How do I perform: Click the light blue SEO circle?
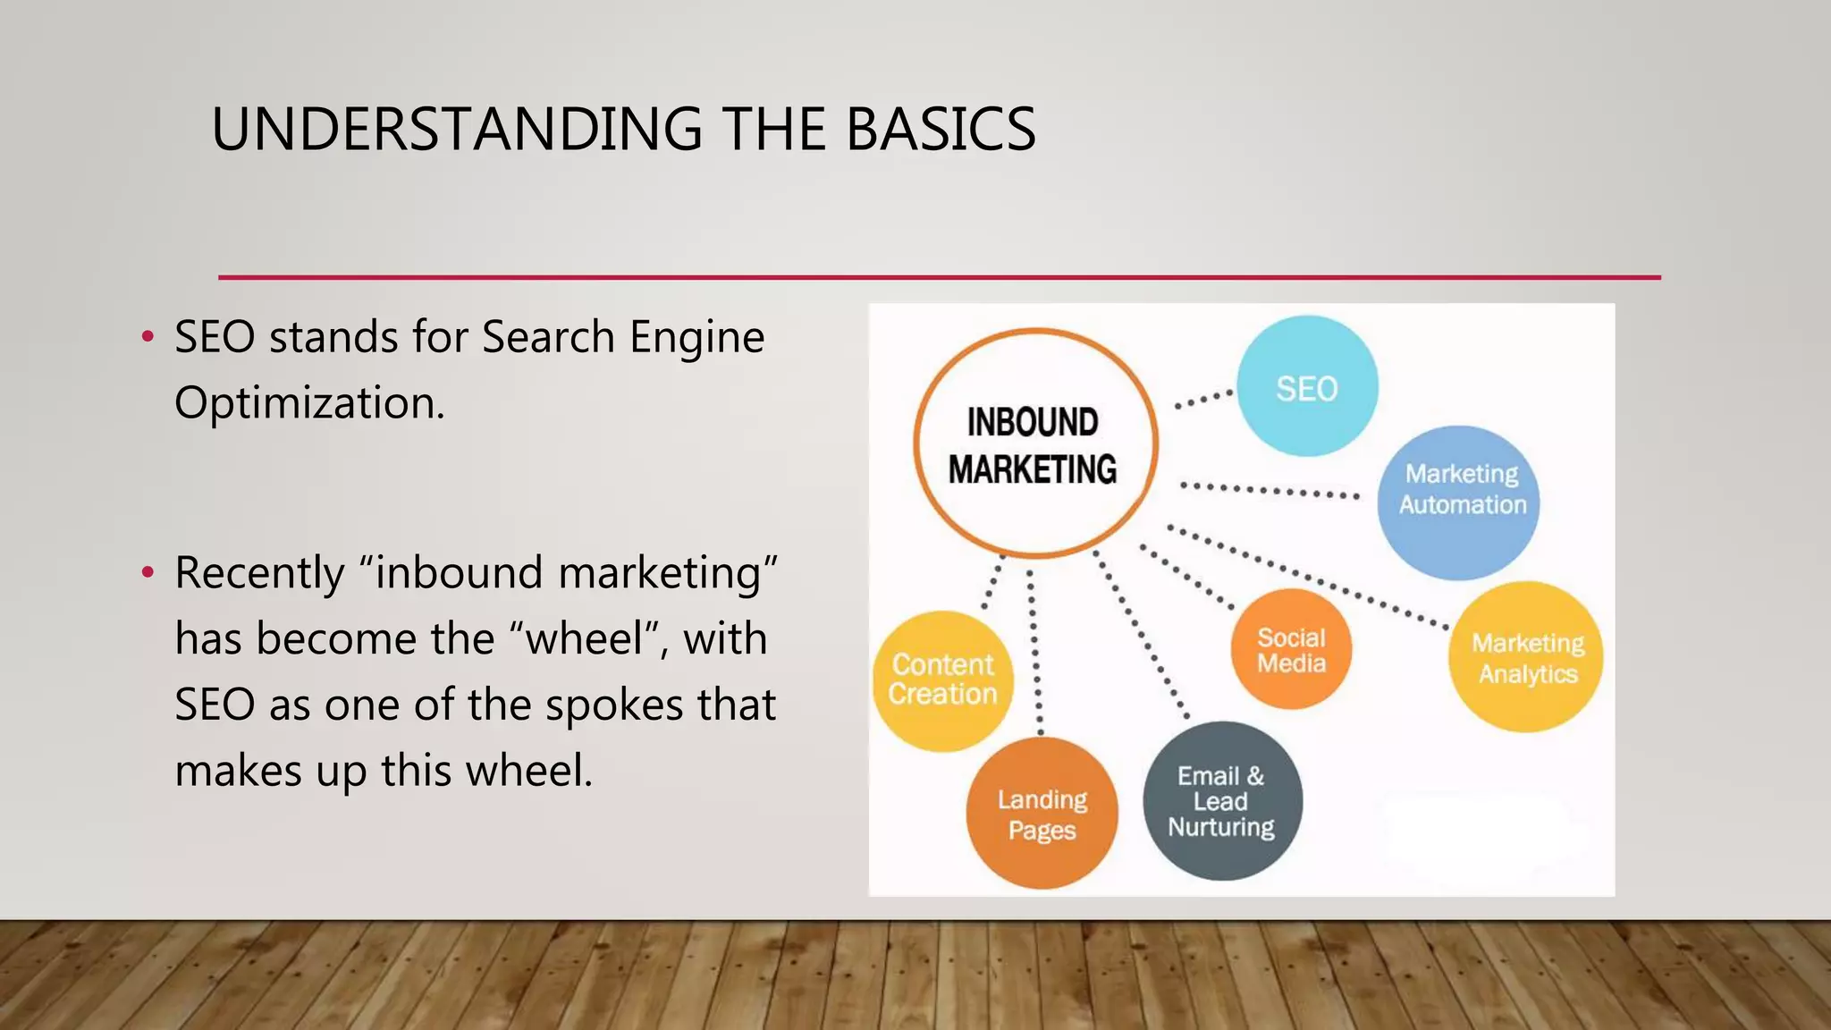click(1306, 386)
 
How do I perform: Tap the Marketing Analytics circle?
click(1525, 657)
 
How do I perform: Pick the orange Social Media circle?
click(1290, 649)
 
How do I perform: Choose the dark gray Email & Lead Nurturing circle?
click(1222, 801)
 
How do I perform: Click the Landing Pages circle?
click(1042, 814)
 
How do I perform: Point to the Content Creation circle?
click(942, 680)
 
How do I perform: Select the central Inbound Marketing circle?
click(1034, 443)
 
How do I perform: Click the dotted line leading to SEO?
click(1203, 399)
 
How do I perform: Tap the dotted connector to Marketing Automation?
click(1270, 490)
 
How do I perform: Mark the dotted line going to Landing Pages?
click(1035, 653)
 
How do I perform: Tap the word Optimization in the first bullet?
click(308, 403)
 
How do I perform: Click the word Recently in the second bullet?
click(259, 573)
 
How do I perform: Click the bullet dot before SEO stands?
click(148, 338)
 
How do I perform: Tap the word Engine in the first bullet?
click(696, 337)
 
